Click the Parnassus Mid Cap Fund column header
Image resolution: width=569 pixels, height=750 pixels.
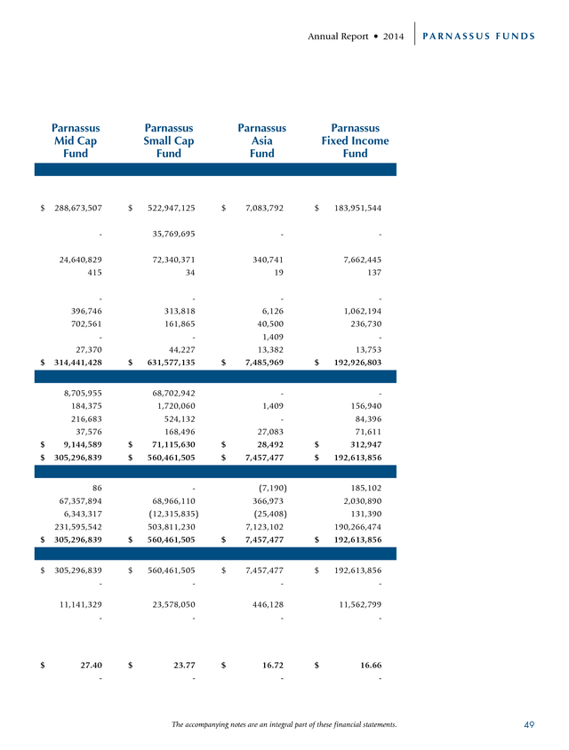[x=76, y=140]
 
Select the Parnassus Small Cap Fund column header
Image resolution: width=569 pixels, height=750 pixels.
[x=169, y=140]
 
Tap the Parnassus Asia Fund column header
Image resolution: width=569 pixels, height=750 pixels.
[x=261, y=140]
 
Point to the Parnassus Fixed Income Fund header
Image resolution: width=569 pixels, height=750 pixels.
[x=355, y=140]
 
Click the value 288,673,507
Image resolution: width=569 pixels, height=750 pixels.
[x=78, y=208]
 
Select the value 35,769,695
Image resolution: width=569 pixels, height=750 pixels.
[x=173, y=234]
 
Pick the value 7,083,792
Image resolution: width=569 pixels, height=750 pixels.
[x=264, y=208]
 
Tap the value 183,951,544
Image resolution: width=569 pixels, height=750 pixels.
[x=357, y=208]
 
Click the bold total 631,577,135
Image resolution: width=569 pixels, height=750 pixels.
[x=172, y=363]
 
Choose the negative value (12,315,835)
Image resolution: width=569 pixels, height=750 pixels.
[x=173, y=514]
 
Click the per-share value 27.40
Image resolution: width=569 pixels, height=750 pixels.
[x=91, y=666]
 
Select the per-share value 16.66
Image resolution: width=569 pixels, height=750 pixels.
[x=371, y=666]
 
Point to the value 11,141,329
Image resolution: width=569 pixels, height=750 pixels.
[x=80, y=604]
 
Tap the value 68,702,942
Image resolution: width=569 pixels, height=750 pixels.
[x=173, y=393]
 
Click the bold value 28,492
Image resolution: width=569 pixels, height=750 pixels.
[x=270, y=445]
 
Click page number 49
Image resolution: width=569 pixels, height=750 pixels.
[x=529, y=724]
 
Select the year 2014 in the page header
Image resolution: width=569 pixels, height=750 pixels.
[x=393, y=36]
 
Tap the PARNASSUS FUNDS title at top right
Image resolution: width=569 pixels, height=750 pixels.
[x=478, y=36]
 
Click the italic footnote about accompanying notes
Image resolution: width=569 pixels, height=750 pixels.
[x=284, y=724]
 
